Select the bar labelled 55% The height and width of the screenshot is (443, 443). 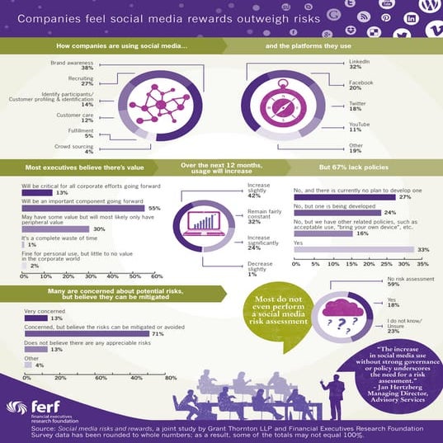point(82,209)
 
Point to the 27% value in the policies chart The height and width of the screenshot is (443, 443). point(404,198)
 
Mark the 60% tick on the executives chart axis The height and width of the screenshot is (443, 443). point(157,276)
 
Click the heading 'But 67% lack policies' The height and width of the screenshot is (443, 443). point(360,168)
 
